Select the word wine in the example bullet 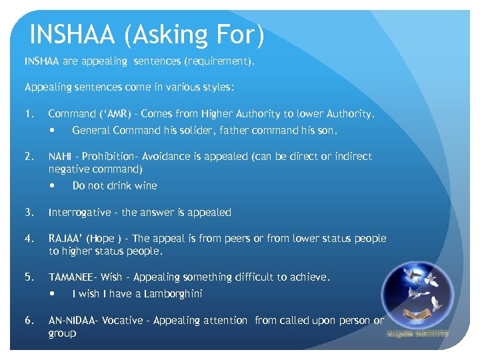point(145,186)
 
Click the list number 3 point(29,213)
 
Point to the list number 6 point(29,321)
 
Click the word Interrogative point(79,213)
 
